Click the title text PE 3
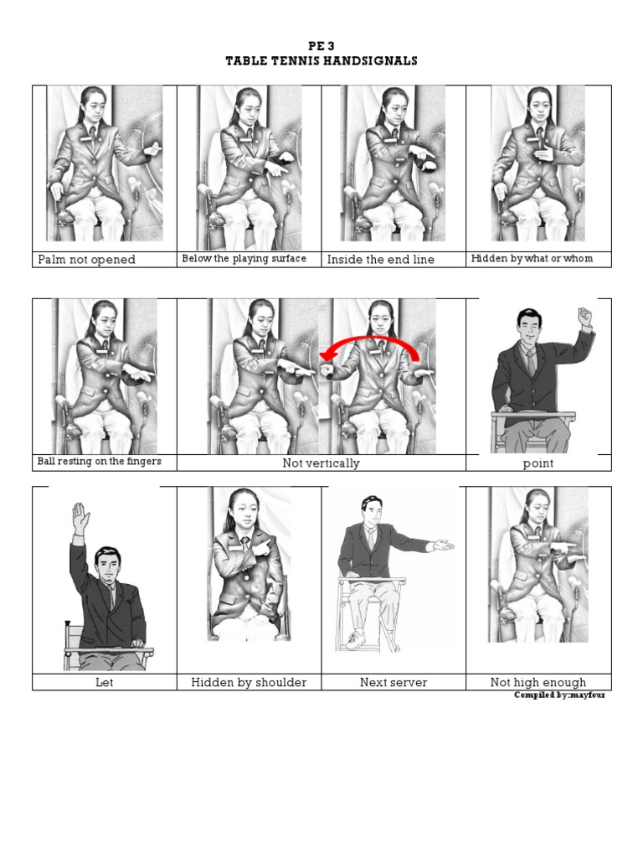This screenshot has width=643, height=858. click(x=321, y=46)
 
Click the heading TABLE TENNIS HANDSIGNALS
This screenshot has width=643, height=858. click(x=321, y=60)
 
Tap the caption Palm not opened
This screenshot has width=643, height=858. click(x=86, y=260)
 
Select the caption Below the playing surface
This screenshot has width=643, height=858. click(x=244, y=258)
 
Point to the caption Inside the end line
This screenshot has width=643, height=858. click(x=381, y=260)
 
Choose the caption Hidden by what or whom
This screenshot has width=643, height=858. click(x=532, y=258)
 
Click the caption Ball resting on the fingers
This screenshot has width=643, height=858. click(x=99, y=462)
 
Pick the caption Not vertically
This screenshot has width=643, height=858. click(x=321, y=463)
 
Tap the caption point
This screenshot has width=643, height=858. click(x=538, y=463)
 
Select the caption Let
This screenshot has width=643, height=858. click(x=104, y=682)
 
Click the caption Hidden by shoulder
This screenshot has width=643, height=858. click(x=249, y=682)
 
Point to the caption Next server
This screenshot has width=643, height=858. click(x=394, y=682)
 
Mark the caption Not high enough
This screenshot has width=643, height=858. click(x=538, y=682)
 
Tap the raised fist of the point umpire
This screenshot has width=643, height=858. click(x=585, y=316)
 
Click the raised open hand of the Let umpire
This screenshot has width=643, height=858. click(x=80, y=518)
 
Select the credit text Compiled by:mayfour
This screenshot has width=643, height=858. click(x=559, y=695)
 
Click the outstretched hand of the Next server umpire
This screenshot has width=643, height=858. click(x=443, y=545)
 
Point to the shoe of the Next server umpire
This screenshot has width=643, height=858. click(x=355, y=641)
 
